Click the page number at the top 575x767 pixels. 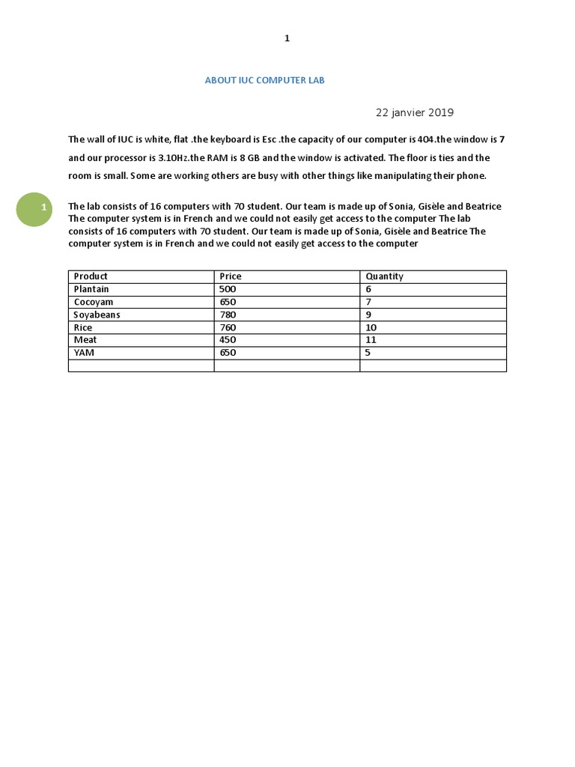(287, 39)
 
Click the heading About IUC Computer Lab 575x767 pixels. (265, 80)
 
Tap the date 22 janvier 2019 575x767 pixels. (414, 112)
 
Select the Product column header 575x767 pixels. (91, 276)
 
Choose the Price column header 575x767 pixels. (231, 276)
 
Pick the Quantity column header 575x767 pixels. (384, 276)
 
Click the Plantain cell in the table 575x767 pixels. (91, 289)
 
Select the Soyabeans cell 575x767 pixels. (97, 315)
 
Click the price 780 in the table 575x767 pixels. (228, 315)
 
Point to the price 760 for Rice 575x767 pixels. (228, 327)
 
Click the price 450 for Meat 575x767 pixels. (228, 339)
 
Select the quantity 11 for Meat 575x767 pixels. (371, 339)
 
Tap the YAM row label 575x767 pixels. (84, 352)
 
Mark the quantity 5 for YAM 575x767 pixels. (368, 352)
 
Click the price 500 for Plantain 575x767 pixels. (228, 289)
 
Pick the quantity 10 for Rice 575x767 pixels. (371, 327)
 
